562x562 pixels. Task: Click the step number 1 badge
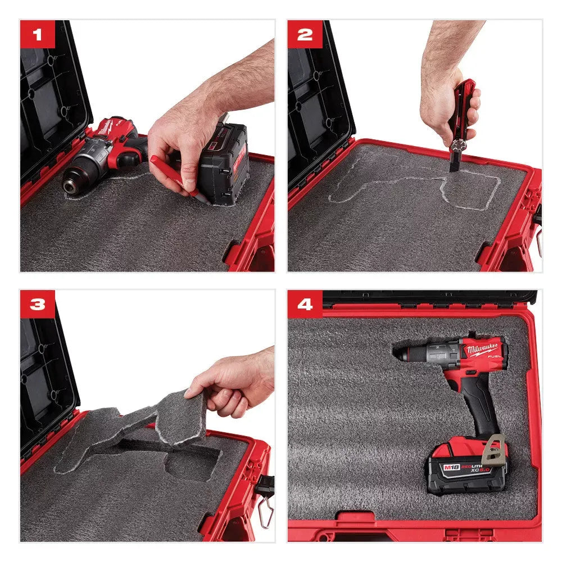point(37,35)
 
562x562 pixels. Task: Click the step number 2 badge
point(305,35)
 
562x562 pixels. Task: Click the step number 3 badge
point(37,305)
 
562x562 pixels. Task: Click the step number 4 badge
point(305,305)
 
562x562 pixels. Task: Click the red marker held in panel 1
point(171,174)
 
